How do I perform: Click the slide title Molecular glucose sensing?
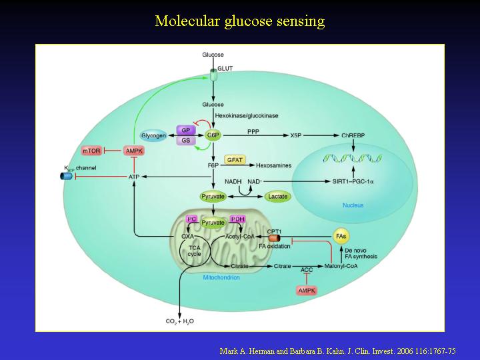tap(240, 21)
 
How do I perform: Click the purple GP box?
tap(186, 130)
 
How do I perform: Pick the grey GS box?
tap(186, 141)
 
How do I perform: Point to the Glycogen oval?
tap(153, 135)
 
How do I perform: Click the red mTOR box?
tap(91, 151)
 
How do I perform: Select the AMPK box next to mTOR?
tap(134, 151)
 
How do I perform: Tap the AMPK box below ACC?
tap(307, 290)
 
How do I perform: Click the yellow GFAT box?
tap(234, 160)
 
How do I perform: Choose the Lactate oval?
tap(277, 197)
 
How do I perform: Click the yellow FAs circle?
tap(341, 237)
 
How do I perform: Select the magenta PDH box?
tap(237, 219)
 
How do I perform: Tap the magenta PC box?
tap(192, 219)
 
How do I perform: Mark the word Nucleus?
tap(353, 205)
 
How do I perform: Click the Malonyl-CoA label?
tap(361, 266)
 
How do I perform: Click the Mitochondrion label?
tap(221, 277)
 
